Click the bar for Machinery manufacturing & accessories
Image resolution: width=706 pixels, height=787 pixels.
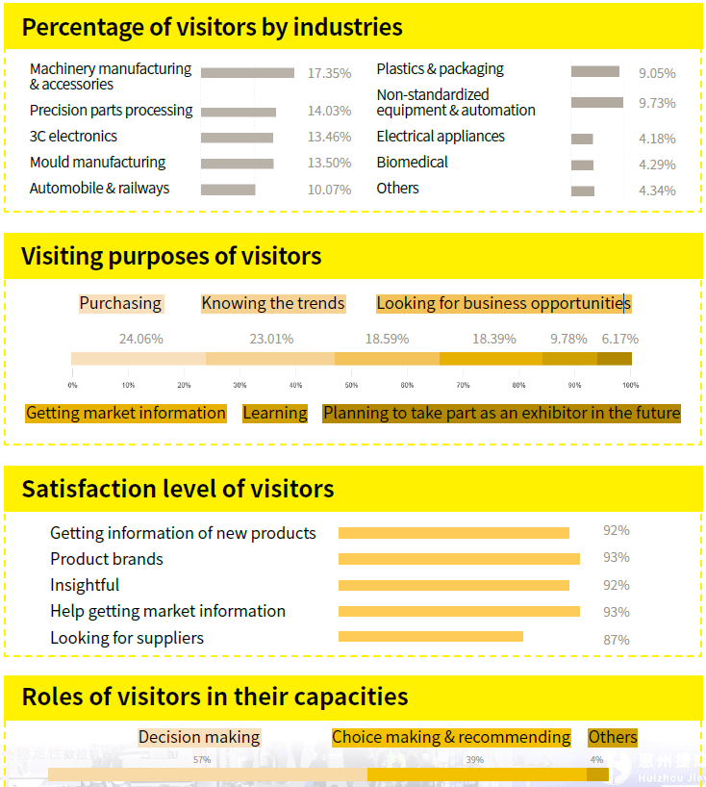[x=247, y=73]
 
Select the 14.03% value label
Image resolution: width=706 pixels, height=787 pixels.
[x=329, y=112]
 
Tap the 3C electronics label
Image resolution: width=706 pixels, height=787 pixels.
[x=73, y=137]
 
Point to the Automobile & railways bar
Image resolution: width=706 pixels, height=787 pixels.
[x=228, y=190]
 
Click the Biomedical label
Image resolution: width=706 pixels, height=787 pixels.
[x=412, y=163]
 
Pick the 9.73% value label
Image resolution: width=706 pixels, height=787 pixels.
[x=657, y=103]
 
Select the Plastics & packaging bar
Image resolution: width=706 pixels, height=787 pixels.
[x=594, y=71]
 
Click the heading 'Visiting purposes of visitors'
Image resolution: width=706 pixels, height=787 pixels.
[x=171, y=256]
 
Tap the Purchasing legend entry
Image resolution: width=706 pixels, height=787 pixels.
[x=120, y=304]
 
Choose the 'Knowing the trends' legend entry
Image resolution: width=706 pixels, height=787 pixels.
[x=272, y=304]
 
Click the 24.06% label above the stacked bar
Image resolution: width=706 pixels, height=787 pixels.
[x=140, y=339]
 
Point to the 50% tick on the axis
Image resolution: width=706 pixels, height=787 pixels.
[x=351, y=385]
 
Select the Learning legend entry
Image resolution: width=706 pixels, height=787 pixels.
[x=275, y=414]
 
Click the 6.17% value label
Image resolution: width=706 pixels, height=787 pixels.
[x=619, y=339]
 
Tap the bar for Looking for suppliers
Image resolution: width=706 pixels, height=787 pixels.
[x=430, y=636]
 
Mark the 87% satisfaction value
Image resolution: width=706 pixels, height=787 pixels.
[x=616, y=640]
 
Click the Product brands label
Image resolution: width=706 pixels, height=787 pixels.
[x=107, y=559]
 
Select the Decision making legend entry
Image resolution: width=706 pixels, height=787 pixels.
[x=199, y=738]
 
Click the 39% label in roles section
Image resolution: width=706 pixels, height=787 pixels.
[x=475, y=760]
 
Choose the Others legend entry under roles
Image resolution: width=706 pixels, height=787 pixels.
[x=613, y=738]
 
